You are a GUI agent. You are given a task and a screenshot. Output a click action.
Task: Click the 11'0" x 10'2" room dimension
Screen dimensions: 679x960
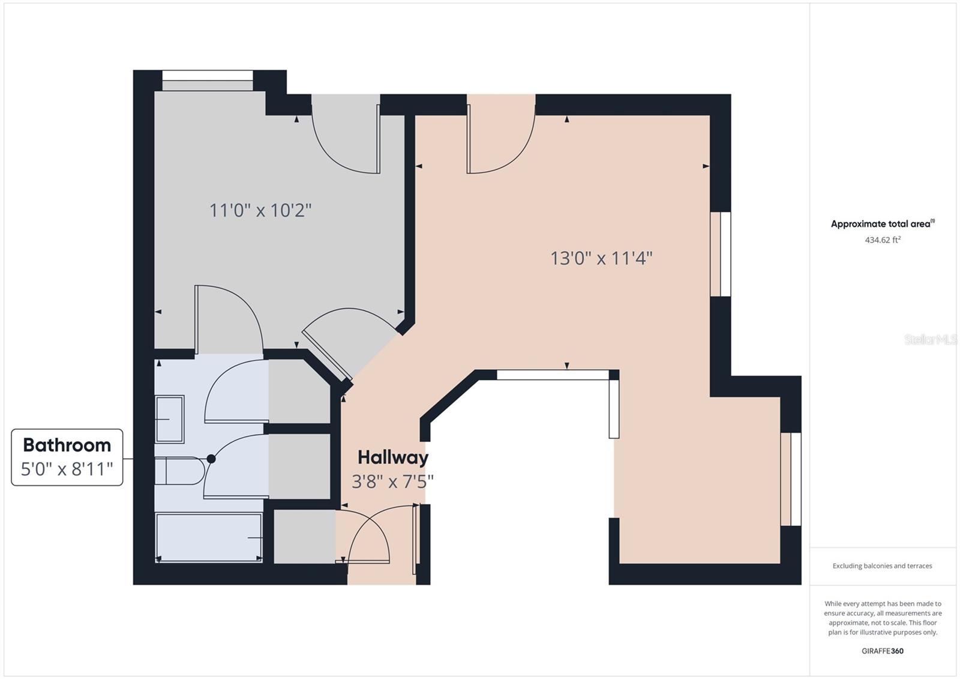260,211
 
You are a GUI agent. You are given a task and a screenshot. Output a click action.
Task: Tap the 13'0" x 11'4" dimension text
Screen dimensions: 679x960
601,258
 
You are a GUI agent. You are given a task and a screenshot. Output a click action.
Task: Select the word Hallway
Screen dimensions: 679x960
393,457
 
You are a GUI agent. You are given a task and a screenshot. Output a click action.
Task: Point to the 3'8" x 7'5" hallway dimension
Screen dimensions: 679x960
392,481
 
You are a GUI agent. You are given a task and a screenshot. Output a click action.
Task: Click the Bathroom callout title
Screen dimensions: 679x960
67,445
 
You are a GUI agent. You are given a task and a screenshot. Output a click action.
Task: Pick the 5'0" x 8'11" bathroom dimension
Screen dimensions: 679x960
67,469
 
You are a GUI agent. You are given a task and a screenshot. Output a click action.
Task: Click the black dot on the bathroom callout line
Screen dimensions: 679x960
211,459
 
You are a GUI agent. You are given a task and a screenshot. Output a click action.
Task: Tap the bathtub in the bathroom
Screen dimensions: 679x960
209,537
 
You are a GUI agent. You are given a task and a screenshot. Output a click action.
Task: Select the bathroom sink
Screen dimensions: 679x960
169,418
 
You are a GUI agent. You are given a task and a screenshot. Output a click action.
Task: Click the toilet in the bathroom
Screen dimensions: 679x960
178,471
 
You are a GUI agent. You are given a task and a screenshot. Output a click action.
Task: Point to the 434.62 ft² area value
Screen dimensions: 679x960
882,240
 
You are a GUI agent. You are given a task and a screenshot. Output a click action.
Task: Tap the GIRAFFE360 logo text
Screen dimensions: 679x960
882,651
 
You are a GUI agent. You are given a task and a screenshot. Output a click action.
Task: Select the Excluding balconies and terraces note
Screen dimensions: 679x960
882,566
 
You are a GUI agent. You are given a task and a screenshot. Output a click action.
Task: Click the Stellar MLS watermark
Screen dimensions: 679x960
931,340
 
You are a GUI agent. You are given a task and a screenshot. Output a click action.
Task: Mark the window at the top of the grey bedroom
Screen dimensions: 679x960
208,80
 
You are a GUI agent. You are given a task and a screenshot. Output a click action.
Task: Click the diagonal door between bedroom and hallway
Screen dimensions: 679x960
328,354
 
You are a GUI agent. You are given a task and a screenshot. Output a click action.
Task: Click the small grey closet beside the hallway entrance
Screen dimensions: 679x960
304,536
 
